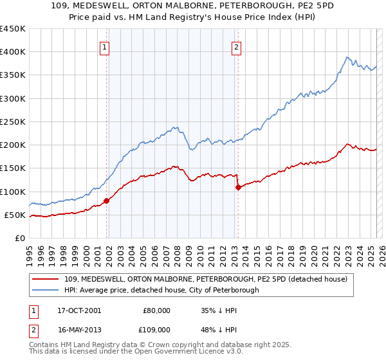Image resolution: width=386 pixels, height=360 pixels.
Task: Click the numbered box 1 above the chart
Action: (104, 46)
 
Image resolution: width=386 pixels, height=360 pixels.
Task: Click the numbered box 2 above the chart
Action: (237, 46)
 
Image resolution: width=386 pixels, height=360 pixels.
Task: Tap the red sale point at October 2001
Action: (107, 201)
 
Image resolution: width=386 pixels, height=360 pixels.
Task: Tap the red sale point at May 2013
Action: (238, 187)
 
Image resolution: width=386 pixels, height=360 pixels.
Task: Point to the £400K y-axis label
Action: (12, 52)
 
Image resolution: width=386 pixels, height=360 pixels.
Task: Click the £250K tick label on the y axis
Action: (12, 122)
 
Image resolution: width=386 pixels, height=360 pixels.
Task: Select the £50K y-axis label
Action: (15, 215)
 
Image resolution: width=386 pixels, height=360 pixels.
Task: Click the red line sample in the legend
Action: (46, 279)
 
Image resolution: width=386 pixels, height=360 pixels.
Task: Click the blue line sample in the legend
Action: (46, 290)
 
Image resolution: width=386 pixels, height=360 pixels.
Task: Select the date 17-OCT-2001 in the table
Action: (75, 310)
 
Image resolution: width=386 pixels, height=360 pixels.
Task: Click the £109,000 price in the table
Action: (157, 329)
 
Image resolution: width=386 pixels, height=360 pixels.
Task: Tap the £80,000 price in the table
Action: (157, 310)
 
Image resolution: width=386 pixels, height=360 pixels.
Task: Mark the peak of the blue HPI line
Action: (347, 57)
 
